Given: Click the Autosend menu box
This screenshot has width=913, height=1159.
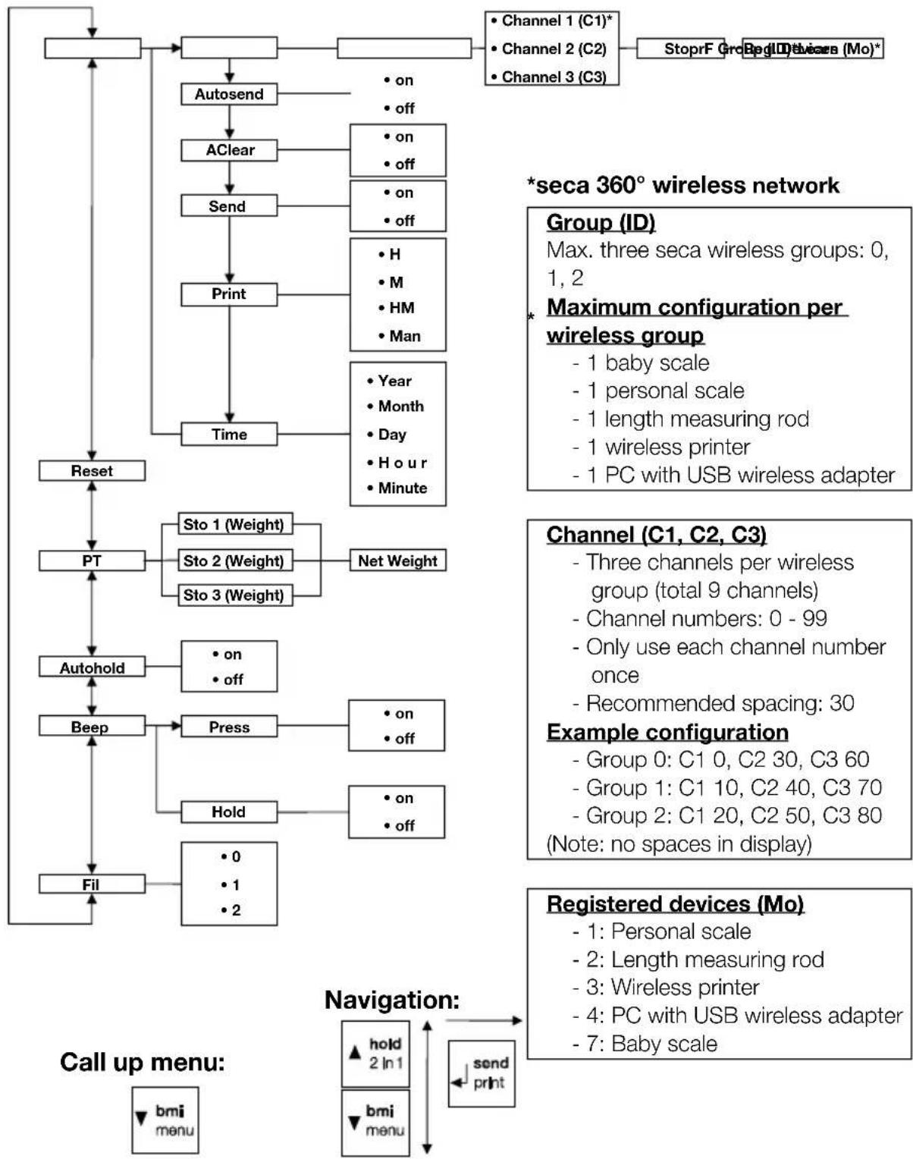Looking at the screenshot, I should click(x=229, y=94).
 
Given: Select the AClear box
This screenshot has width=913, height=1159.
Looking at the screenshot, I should click(x=229, y=150).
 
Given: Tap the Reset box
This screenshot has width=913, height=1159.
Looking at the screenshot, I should click(x=92, y=471).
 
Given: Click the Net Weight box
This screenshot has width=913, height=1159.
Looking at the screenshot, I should click(x=397, y=561).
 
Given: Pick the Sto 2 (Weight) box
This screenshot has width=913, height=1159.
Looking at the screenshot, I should click(x=234, y=561).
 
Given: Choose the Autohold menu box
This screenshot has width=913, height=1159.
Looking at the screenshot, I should click(x=92, y=667).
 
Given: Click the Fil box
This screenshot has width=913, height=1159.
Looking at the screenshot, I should click(x=92, y=884).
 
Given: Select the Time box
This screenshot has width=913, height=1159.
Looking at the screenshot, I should click(x=229, y=435).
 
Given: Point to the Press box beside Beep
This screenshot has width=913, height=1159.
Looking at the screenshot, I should click(x=229, y=727).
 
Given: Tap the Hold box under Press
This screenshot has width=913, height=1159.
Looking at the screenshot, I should click(x=229, y=812).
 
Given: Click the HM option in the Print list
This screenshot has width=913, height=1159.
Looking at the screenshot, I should click(x=397, y=308).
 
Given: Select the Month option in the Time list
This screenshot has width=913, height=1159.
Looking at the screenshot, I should click(x=396, y=407).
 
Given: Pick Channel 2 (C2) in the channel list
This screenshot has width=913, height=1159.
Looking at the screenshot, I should click(x=552, y=49).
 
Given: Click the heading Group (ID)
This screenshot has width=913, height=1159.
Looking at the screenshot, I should click(x=601, y=222).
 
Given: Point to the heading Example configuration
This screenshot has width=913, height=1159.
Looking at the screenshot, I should click(x=667, y=732).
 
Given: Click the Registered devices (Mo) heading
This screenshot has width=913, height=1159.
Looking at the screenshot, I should click(x=675, y=904).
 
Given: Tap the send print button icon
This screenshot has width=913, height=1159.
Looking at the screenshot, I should click(x=482, y=1073).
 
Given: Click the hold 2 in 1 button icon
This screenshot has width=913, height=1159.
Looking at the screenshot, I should click(x=375, y=1054).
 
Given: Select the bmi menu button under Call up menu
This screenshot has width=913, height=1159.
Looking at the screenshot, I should click(x=165, y=1120).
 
